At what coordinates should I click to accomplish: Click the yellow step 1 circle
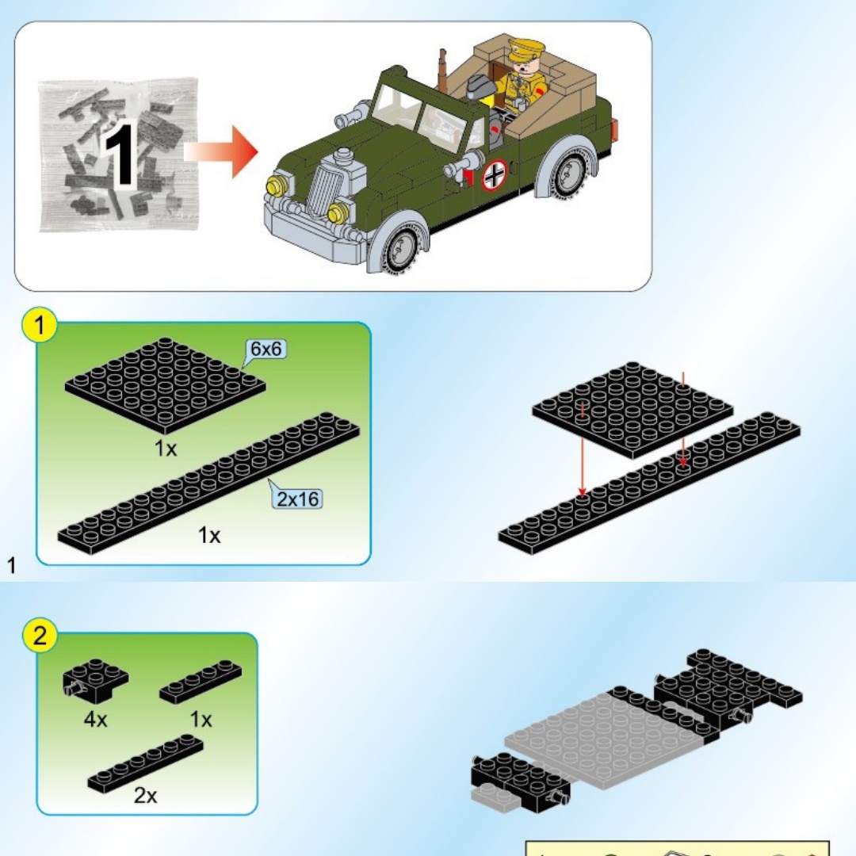pos(39,326)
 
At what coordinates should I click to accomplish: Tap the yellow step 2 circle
pos(40,636)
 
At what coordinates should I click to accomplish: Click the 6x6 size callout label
pos(266,349)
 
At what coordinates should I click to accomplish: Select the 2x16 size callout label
pos(297,499)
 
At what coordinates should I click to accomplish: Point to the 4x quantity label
pos(96,720)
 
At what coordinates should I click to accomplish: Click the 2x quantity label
pos(145,796)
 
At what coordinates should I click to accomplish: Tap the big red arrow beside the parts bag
pos(220,151)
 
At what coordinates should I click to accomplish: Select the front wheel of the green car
pos(401,249)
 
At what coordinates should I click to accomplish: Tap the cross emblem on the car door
pos(494,174)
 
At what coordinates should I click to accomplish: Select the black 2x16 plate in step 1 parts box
pos(208,483)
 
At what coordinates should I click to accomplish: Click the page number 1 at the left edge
pos(11,566)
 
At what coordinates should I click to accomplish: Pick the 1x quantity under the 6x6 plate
pos(166,449)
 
